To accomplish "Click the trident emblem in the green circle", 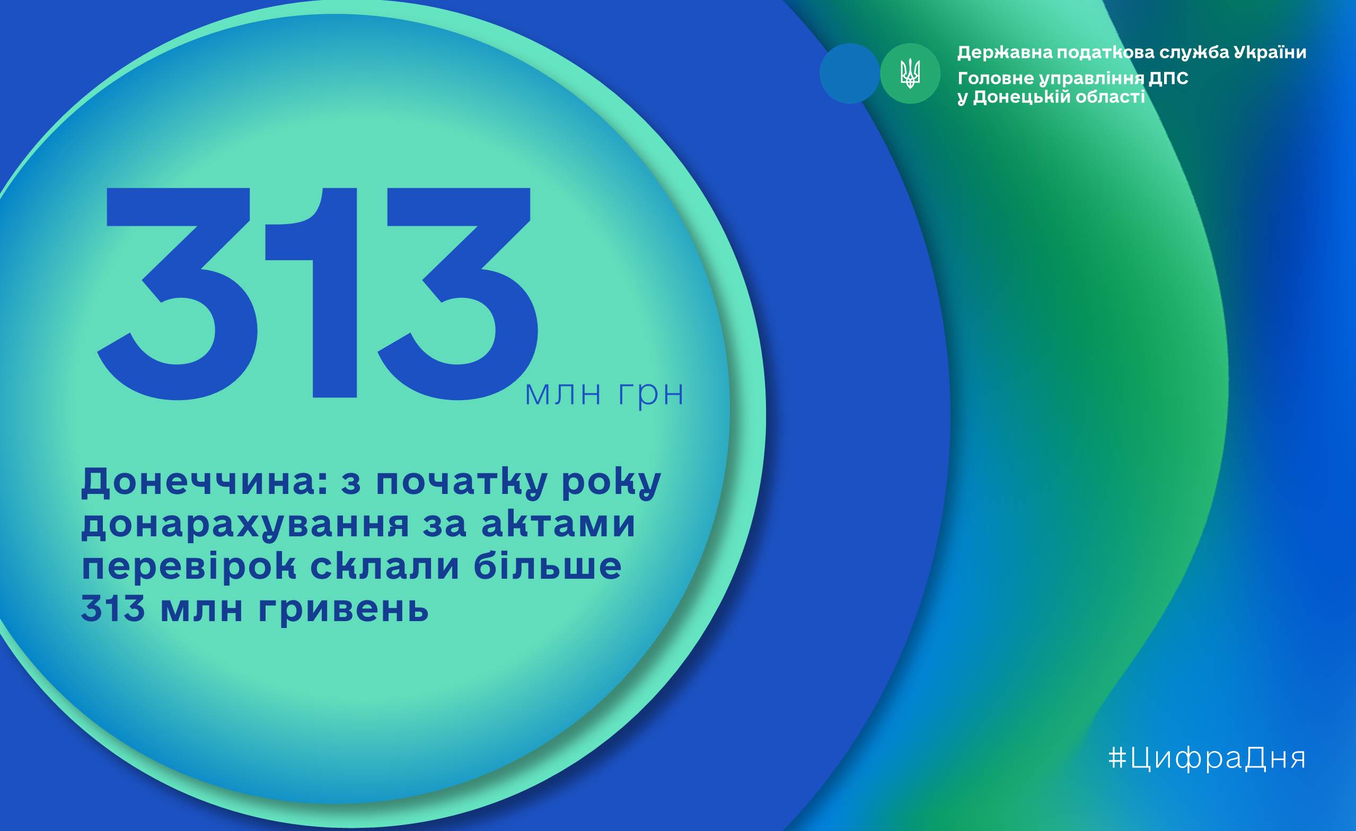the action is tap(910, 74).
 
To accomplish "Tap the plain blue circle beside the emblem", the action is tap(850, 74).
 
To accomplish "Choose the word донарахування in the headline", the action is tap(245, 525).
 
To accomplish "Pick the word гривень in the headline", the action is tap(343, 609).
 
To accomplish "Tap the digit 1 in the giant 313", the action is tap(313, 292).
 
